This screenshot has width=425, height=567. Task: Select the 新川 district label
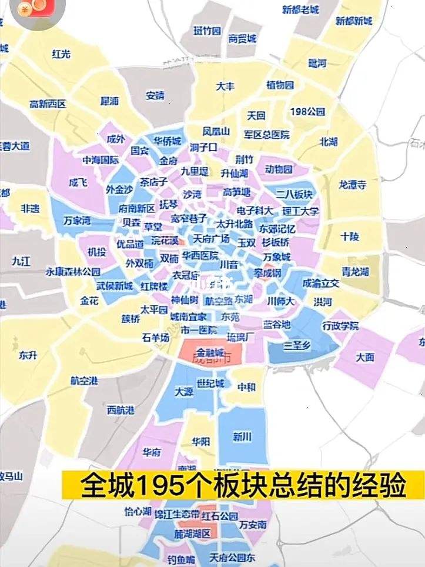tap(242, 436)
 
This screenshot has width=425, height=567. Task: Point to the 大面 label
tap(364, 357)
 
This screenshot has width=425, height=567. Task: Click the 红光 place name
tap(61, 54)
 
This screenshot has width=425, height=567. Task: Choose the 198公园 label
tap(307, 111)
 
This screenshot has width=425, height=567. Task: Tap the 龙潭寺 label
tap(352, 184)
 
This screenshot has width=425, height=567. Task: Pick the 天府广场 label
tap(211, 238)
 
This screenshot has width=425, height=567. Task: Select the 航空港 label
tap(84, 381)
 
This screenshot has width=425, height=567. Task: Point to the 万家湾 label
tap(78, 221)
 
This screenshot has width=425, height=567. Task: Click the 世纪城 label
tap(210, 383)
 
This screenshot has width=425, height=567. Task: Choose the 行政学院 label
tap(340, 325)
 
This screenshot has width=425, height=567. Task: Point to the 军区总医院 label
tap(267, 135)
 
